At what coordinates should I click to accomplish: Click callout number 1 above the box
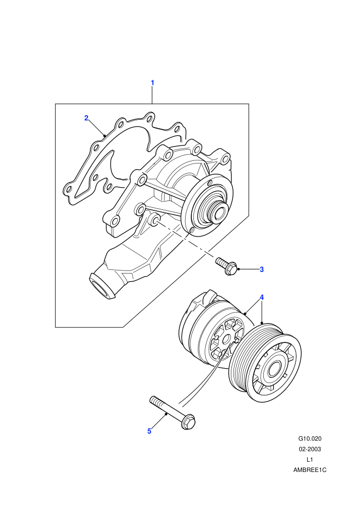coord(152,83)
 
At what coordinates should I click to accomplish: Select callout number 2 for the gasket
coord(86,118)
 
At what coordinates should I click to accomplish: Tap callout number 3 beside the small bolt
coord(262,269)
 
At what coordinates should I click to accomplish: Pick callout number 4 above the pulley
coord(262,297)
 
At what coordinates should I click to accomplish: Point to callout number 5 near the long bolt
coord(149,431)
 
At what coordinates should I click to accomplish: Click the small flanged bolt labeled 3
coord(227,266)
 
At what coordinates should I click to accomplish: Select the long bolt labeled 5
coord(172,412)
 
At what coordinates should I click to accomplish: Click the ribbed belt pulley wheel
coord(266,362)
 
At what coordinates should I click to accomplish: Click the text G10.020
coord(310,439)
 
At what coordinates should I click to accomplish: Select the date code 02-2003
coord(310,449)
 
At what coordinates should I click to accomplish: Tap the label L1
coord(310,459)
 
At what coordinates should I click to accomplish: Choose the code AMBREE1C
coord(310,470)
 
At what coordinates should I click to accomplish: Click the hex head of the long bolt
coord(189,422)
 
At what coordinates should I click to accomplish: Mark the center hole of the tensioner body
coord(226,339)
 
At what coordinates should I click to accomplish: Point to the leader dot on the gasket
coord(104,135)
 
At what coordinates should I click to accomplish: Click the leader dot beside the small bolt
coord(239,269)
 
